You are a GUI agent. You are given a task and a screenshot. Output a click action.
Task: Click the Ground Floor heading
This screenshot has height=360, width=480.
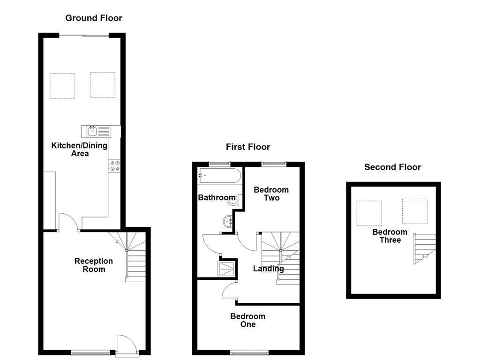pos(94,18)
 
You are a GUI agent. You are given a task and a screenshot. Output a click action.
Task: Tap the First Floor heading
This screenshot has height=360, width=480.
pos(248,147)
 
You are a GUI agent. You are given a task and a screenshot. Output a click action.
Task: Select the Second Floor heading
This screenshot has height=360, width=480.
pos(393,167)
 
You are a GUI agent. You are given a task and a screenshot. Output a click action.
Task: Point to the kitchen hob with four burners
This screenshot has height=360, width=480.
pos(114,165)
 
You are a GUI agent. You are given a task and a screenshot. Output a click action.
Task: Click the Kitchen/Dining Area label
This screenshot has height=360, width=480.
pos(79,150)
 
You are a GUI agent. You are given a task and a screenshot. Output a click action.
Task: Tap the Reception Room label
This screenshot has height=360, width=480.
pos(94,265)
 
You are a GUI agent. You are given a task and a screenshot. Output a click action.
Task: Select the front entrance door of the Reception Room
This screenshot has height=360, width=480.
pos(126,345)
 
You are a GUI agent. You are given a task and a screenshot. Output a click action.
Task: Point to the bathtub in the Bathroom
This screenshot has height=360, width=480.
pos(219,177)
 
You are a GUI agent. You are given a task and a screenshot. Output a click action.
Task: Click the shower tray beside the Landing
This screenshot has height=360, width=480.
pos(227,269)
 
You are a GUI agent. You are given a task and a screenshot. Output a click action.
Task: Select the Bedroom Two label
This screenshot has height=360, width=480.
pos(271,194)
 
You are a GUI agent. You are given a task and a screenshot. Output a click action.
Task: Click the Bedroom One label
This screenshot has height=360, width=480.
pos(247,320)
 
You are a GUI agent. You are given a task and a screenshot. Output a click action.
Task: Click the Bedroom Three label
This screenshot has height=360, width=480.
pos(390,236)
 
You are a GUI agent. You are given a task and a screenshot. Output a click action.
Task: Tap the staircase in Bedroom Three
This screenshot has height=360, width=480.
pos(425,248)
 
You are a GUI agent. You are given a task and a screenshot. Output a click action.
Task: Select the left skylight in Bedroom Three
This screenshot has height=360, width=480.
pos(369,212)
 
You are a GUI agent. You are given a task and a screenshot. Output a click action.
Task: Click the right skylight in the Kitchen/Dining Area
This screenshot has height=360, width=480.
pos(103,85)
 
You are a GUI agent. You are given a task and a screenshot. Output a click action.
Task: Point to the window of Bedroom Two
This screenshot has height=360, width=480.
pos(273,163)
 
